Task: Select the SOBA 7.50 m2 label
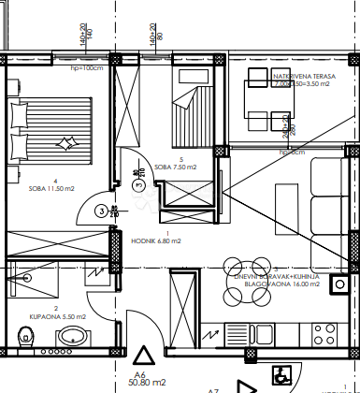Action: pos(175,168)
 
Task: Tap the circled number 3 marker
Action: pos(101,211)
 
